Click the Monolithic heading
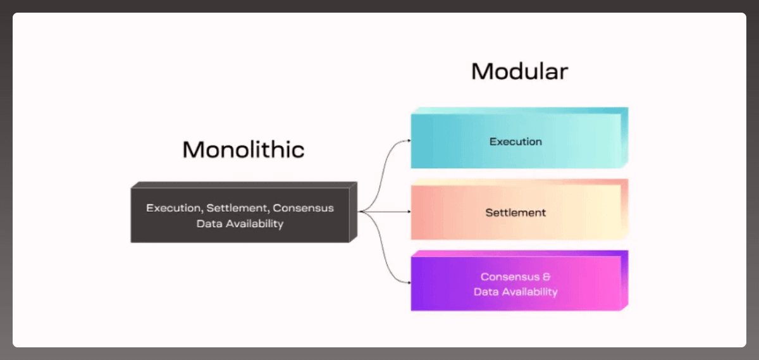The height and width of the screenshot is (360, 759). (244, 150)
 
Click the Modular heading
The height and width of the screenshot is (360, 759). (519, 71)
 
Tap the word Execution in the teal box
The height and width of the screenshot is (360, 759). (515, 142)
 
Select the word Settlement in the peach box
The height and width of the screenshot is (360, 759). (515, 213)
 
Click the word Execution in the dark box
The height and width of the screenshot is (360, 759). (173, 208)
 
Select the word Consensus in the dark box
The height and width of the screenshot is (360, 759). (304, 208)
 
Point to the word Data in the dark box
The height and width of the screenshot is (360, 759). (208, 224)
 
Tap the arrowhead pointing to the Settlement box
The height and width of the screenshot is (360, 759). (409, 212)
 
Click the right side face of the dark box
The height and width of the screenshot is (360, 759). (353, 212)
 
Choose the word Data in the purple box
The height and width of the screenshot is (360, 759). (486, 292)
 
